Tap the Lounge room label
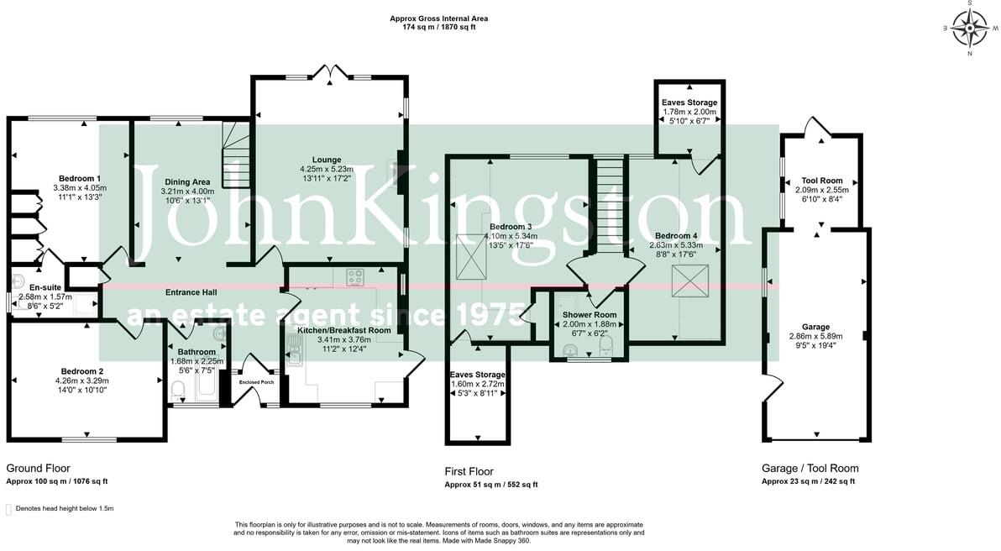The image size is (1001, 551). click(x=327, y=160)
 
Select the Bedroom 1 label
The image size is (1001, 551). click(x=80, y=178)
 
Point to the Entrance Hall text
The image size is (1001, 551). click(x=191, y=292)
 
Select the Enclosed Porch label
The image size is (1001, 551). click(x=256, y=382)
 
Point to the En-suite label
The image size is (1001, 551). click(x=34, y=287)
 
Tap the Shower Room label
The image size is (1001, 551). click(x=589, y=315)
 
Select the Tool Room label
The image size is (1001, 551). click(x=821, y=181)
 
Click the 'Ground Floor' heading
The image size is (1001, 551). click(x=38, y=469)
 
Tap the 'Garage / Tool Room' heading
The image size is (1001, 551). click(x=810, y=469)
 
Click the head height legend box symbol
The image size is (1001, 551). click(x=9, y=509)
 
